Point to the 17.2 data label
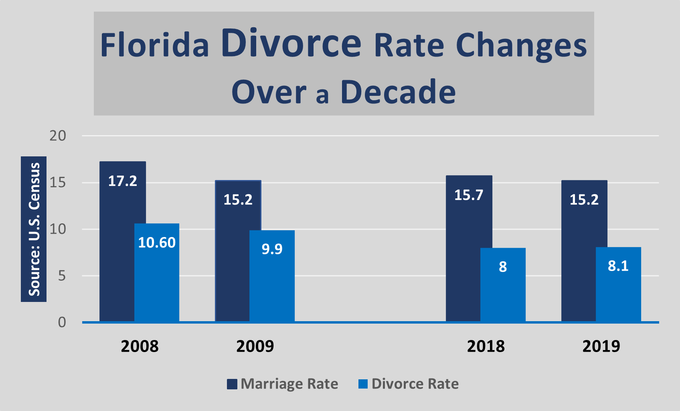click(123, 181)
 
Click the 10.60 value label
click(157, 243)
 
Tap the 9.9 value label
click(272, 249)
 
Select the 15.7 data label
click(469, 195)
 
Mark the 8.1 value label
click(618, 266)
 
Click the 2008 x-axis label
click(140, 346)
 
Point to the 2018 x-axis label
click(486, 346)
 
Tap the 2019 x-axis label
click(601, 346)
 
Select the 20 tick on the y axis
click(58, 136)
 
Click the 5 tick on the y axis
click(62, 276)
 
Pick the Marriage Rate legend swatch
click(232, 384)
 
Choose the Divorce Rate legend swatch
click(363, 384)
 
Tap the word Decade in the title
click(398, 92)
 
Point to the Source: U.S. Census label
click(34, 229)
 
